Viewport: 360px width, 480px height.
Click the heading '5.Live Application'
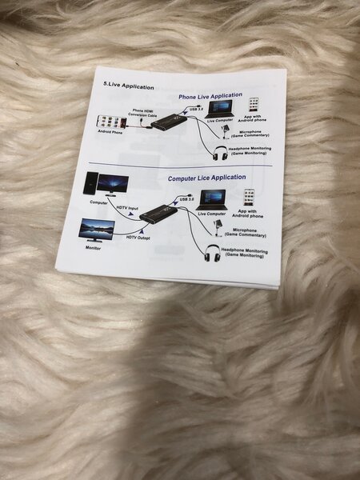(130, 83)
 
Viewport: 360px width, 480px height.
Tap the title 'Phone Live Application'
(210, 96)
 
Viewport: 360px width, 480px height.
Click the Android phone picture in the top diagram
(110, 122)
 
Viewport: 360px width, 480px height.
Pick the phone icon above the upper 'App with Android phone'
(254, 104)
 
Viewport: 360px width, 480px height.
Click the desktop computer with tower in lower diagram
(104, 185)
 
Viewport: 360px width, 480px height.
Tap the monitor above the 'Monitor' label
(96, 230)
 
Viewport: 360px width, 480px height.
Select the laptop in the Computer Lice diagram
(212, 199)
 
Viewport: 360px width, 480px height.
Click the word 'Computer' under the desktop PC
(99, 202)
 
